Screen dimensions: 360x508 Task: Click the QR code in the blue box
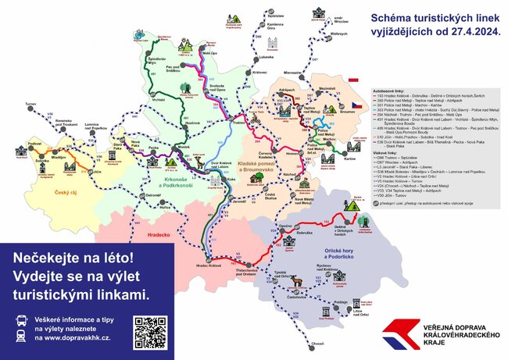tap(151, 332)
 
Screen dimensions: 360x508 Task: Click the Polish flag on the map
tap(353, 80)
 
